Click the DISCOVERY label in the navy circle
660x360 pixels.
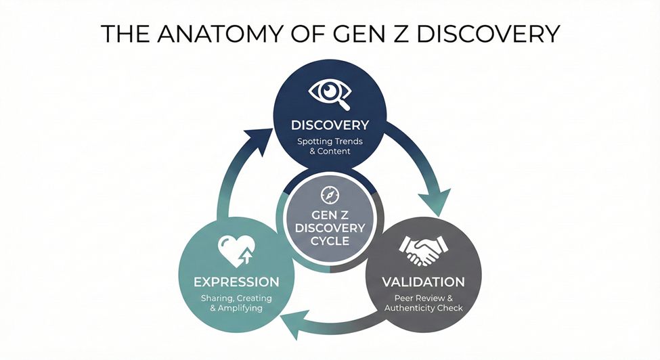(330, 125)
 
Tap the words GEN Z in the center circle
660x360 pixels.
(330, 214)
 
